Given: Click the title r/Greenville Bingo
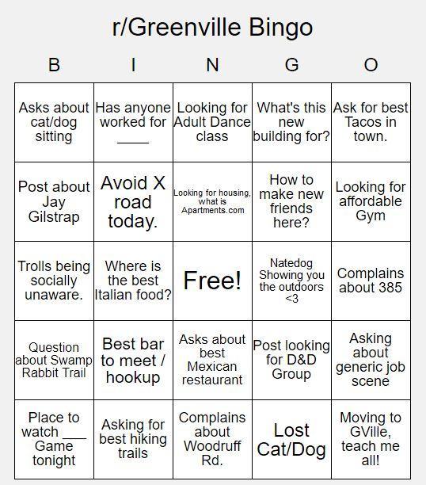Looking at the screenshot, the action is pos(212,28).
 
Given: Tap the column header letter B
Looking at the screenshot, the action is pos(54,65).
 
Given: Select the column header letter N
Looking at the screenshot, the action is pos(212,65).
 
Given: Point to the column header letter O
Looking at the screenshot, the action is pos(371,65).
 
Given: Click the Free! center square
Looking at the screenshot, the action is pos(212,281).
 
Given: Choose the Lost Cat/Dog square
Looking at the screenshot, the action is pos(291,439).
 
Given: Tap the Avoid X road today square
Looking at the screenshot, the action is pos(133,201).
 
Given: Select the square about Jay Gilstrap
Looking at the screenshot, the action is pos(54,201).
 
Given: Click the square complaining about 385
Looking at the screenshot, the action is pos(371,281).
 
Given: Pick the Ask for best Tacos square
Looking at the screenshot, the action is pos(371,122).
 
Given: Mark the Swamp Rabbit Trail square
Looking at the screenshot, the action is pos(54,360).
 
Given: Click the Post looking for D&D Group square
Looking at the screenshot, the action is pos(291,360).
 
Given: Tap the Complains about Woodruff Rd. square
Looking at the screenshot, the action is pos(212,439).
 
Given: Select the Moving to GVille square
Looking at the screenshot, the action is pos(371,439).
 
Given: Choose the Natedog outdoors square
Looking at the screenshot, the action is pos(291,281).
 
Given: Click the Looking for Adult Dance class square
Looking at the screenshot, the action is pos(212,122).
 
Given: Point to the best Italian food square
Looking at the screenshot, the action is pos(133,281).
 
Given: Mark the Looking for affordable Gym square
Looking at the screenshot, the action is pos(371,201).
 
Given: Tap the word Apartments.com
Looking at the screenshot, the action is pos(212,210).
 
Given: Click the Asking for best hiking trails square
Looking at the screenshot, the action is pos(133,439).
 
